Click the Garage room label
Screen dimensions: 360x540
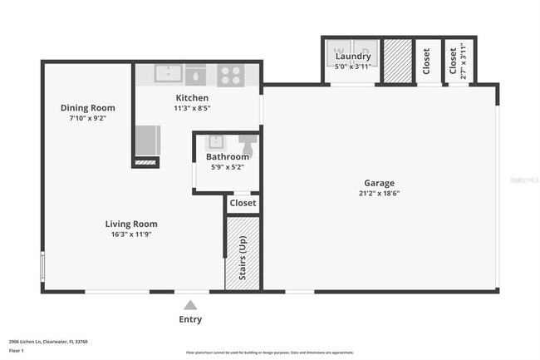pos(379,183)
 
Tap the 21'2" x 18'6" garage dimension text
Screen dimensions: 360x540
pos(379,194)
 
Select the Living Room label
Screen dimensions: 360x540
pos(131,224)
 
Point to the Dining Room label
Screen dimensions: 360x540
pos(87,108)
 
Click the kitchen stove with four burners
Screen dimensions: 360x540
pos(231,75)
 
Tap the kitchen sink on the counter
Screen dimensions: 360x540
pos(169,73)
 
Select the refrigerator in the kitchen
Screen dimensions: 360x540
pos(147,140)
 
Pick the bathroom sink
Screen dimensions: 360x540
pos(214,141)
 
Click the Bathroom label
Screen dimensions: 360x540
pos(228,156)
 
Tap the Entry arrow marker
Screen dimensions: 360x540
pos(190,305)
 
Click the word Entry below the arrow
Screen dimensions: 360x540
pos(190,319)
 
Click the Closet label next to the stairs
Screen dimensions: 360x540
pos(243,203)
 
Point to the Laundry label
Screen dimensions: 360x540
pos(353,57)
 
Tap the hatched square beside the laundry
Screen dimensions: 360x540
pos(398,61)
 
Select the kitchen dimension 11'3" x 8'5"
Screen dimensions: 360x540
pos(192,108)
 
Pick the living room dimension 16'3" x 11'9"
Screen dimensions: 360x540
pos(131,234)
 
